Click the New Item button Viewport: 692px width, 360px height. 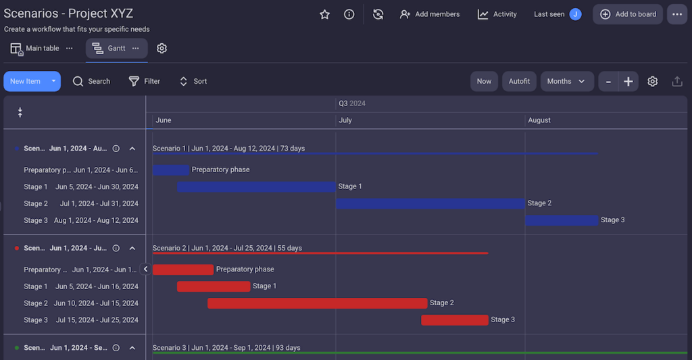coord(26,82)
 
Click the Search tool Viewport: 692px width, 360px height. coord(91,82)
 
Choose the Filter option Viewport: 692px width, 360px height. coord(145,82)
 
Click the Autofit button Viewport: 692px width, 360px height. coord(519,82)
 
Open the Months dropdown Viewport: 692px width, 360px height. coord(566,82)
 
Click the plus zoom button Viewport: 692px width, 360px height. coord(628,82)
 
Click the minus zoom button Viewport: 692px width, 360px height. coord(608,82)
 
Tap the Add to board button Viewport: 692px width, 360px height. coord(628,14)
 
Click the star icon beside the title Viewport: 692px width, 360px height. coord(324,14)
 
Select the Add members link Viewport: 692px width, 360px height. coord(430,14)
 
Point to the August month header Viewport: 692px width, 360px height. coord(539,120)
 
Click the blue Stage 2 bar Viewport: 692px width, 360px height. coord(430,203)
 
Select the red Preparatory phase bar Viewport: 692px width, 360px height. coord(183,269)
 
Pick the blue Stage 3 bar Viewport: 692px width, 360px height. coord(562,220)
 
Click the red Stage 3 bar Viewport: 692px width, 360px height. coord(455,320)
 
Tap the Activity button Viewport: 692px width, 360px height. coord(497,14)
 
